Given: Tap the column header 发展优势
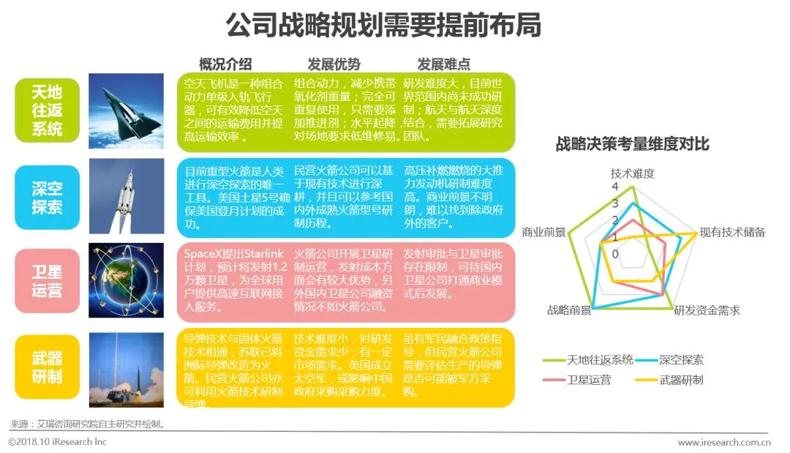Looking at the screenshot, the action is click(334, 64).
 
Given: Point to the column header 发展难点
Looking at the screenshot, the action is click(443, 64).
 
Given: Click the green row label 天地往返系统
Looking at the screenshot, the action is click(47, 111).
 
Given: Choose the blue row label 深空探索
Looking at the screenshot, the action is click(47, 198).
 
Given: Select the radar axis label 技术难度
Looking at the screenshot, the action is click(632, 174).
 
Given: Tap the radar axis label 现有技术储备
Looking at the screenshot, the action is click(732, 232).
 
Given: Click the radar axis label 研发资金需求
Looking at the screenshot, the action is click(707, 311).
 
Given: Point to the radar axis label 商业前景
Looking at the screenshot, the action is click(543, 232).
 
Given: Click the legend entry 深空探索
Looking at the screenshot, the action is click(680, 360).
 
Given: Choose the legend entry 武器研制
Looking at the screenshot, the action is click(680, 380).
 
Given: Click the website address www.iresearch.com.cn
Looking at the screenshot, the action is click(724, 442).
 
